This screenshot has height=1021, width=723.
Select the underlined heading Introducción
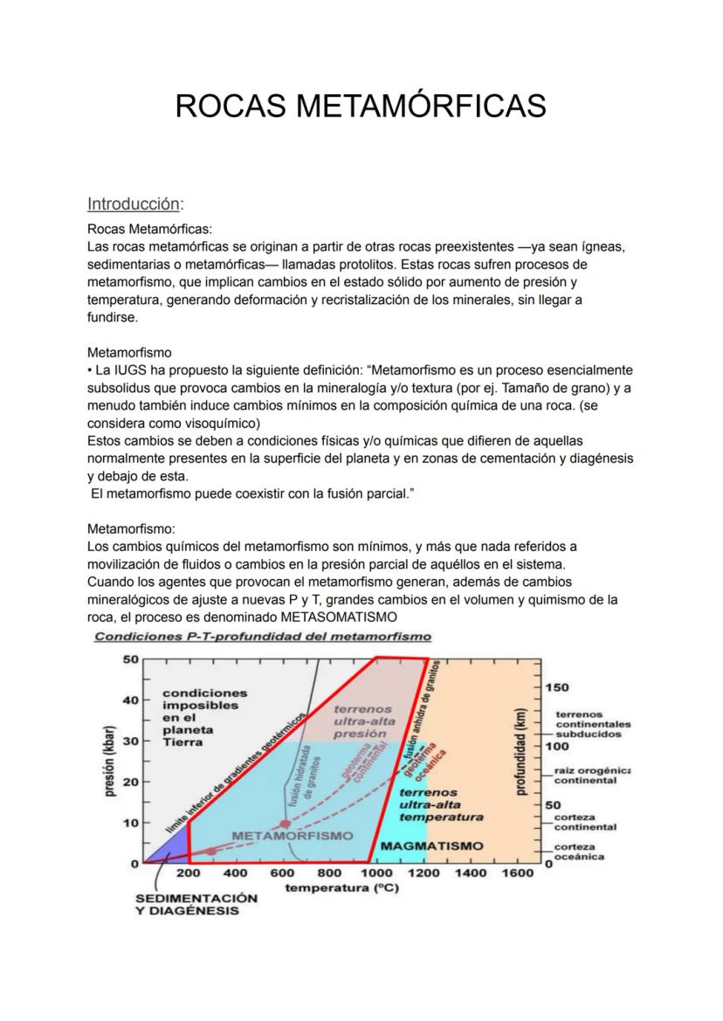pos(134,204)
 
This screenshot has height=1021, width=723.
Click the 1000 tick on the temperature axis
pos(376,873)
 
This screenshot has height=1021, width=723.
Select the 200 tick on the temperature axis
pos(189,873)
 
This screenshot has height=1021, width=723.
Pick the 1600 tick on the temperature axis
pos(518,873)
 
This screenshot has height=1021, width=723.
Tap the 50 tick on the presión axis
pos(130,659)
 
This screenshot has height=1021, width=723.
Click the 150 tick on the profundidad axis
pos(557,688)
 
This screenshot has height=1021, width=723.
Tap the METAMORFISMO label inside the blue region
pos(293,835)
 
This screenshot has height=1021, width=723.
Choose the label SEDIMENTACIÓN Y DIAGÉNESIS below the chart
pos(196,904)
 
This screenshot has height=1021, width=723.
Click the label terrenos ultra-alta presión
pos(363,722)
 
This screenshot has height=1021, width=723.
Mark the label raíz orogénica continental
pos(593,776)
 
